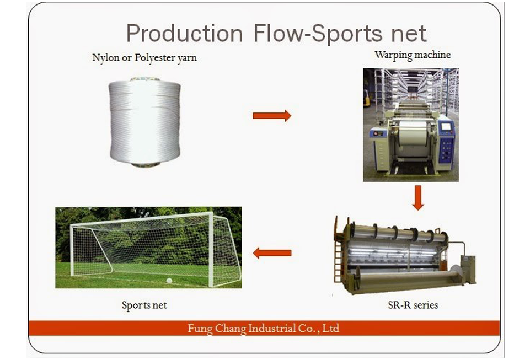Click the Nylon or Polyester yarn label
144,58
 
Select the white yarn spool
144,122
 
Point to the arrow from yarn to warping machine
272,116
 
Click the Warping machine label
413,55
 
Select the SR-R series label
413,305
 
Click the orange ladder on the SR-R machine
338,257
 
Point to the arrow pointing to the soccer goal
272,253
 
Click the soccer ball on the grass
169,281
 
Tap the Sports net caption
144,305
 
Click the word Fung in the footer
200,328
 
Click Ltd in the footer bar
330,328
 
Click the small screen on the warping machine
446,126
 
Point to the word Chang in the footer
230,329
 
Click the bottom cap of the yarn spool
146,165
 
